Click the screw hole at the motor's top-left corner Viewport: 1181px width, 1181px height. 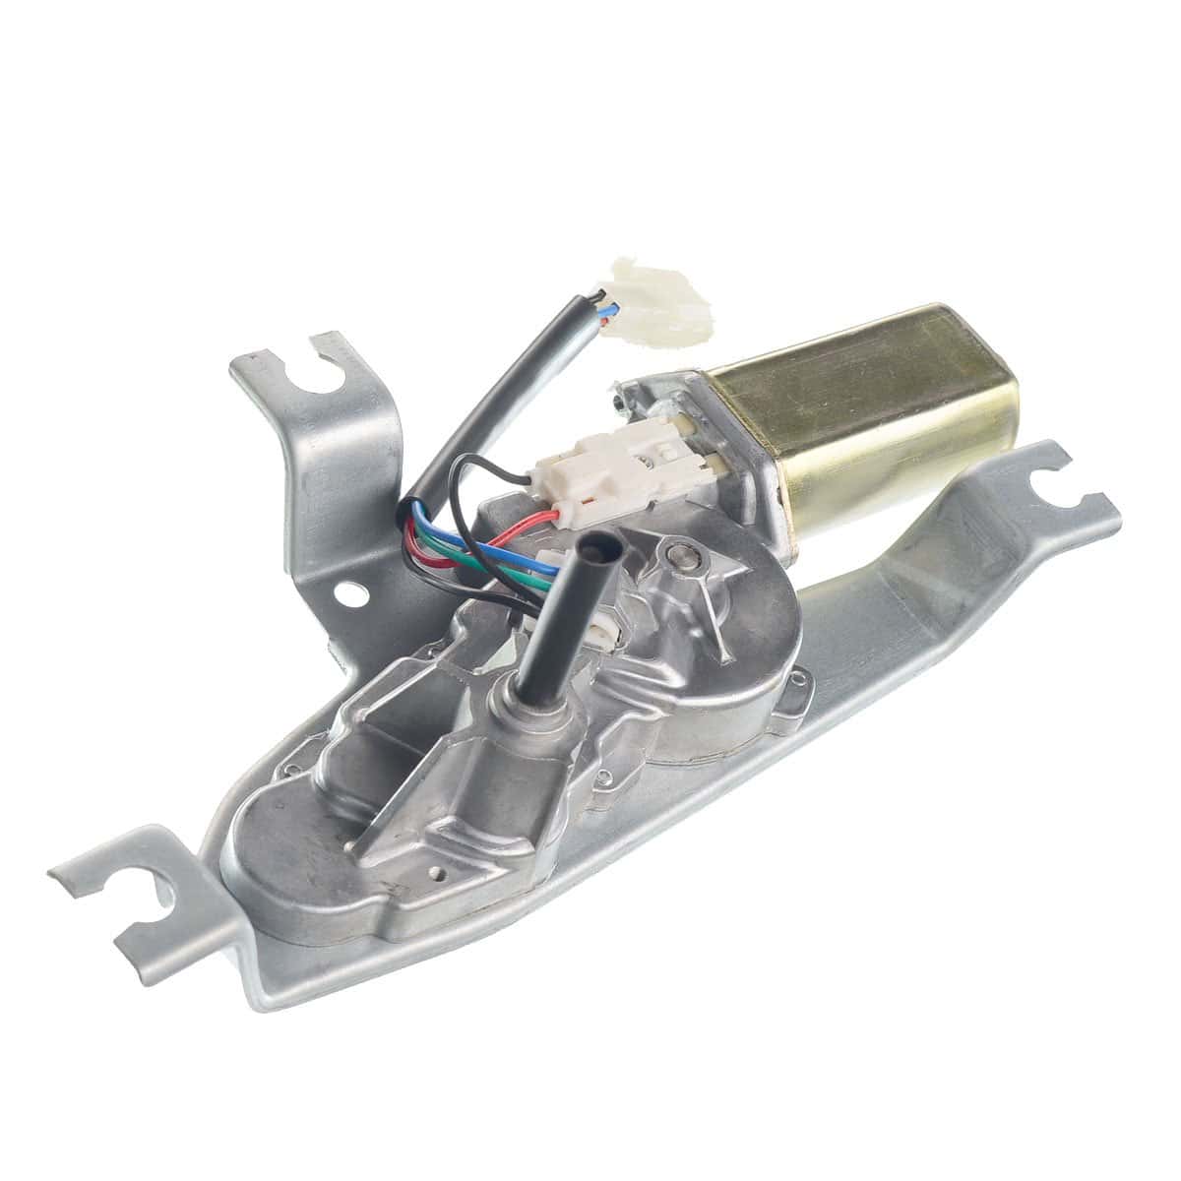[x=617, y=399]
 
